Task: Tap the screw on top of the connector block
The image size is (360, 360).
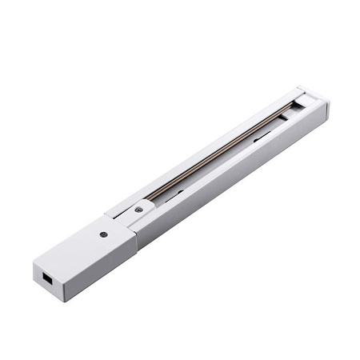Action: pos(102,235)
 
